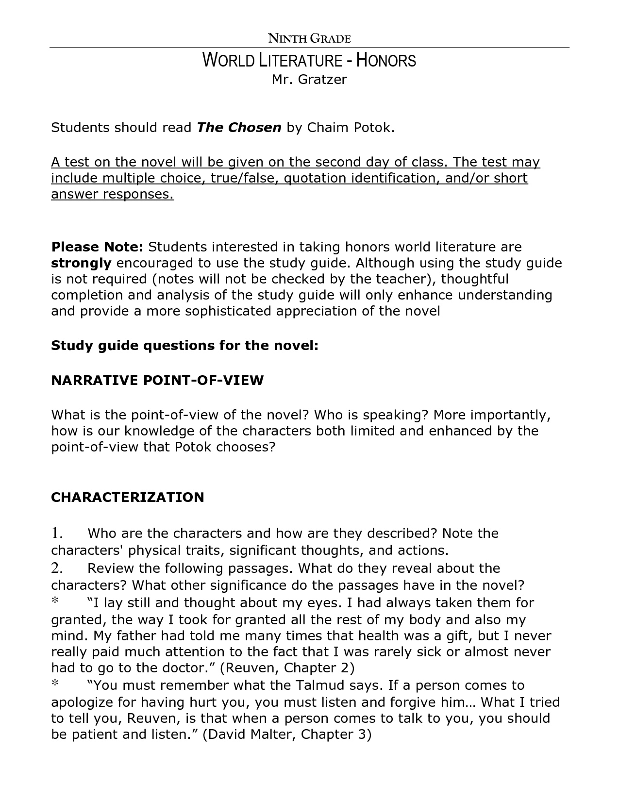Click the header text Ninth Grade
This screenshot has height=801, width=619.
pyautogui.click(x=309, y=38)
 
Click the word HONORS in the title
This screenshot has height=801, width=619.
pyautogui.click(x=386, y=61)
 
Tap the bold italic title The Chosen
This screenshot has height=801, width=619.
pyautogui.click(x=239, y=128)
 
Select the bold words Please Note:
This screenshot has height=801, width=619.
pyautogui.click(x=97, y=247)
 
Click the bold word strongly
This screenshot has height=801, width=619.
pyautogui.click(x=81, y=263)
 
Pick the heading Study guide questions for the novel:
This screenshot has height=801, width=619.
pyautogui.click(x=185, y=346)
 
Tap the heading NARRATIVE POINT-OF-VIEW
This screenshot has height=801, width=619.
pyautogui.click(x=157, y=381)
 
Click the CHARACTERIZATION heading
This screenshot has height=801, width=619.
pyautogui.click(x=128, y=498)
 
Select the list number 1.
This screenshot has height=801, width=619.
pyautogui.click(x=57, y=534)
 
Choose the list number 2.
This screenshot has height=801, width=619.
pyautogui.click(x=57, y=568)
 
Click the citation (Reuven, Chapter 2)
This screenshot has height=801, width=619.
pyautogui.click(x=287, y=668)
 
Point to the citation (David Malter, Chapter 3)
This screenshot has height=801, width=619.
pyautogui.click(x=286, y=734)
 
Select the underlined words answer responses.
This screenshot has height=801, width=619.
pyautogui.click(x=112, y=195)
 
